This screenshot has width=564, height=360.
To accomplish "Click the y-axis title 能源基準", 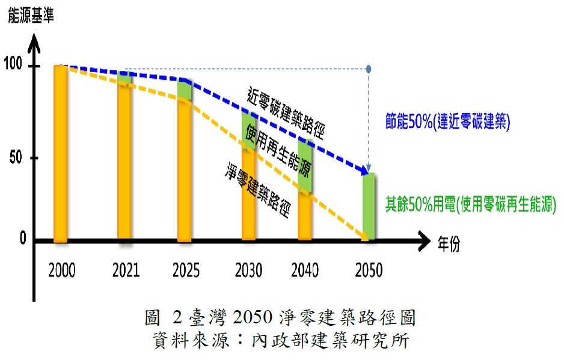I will [31, 16].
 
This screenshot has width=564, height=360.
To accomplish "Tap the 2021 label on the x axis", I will [125, 270].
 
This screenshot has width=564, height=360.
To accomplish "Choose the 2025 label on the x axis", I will [186, 270].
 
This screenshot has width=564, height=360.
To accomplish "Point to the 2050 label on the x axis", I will [368, 270].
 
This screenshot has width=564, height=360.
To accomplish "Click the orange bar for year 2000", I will [61, 153].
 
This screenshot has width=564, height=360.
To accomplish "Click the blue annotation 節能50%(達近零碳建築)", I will [447, 123].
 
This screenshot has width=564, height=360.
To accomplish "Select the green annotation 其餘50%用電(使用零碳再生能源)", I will [470, 206].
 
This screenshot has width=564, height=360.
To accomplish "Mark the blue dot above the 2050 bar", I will [369, 69].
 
